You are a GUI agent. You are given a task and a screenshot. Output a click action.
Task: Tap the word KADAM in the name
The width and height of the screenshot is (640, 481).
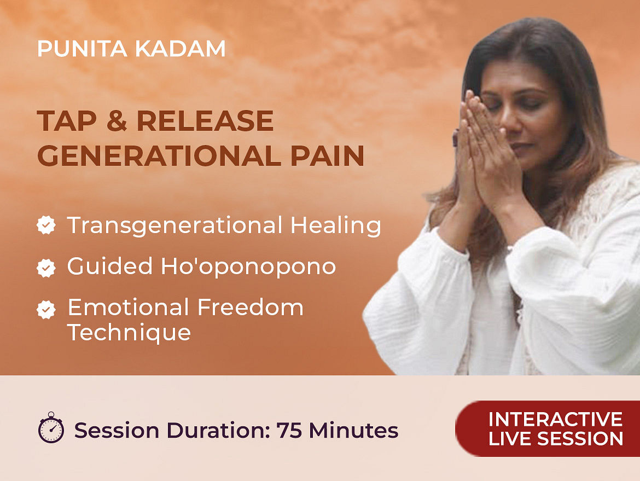click(x=180, y=49)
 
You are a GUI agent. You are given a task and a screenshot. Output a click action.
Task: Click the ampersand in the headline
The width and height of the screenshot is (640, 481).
click(x=117, y=121)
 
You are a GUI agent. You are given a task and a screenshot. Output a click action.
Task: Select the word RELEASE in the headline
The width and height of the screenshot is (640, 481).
click(x=205, y=121)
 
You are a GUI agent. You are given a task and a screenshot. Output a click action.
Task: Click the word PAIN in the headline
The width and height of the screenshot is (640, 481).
click(x=327, y=155)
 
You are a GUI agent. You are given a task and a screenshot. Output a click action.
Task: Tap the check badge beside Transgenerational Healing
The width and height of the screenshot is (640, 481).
click(x=46, y=225)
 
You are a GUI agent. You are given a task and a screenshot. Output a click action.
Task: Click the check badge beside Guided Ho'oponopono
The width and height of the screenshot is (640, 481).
click(x=46, y=268)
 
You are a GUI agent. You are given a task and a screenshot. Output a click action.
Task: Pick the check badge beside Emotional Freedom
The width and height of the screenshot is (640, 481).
click(x=46, y=310)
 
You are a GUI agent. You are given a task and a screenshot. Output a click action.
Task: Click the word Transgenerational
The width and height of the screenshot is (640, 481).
click(x=174, y=226)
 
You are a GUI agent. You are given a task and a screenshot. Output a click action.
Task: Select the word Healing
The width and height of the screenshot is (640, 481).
click(x=335, y=226)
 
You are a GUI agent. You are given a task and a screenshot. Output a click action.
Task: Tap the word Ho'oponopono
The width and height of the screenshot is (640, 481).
click(x=248, y=266)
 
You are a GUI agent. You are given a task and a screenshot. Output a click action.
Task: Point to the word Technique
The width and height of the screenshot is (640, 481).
click(x=129, y=333)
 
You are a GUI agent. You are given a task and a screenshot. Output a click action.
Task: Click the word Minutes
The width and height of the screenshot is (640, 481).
click(x=353, y=430)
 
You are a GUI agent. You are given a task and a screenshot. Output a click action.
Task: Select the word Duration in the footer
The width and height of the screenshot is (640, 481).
click(x=218, y=430)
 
